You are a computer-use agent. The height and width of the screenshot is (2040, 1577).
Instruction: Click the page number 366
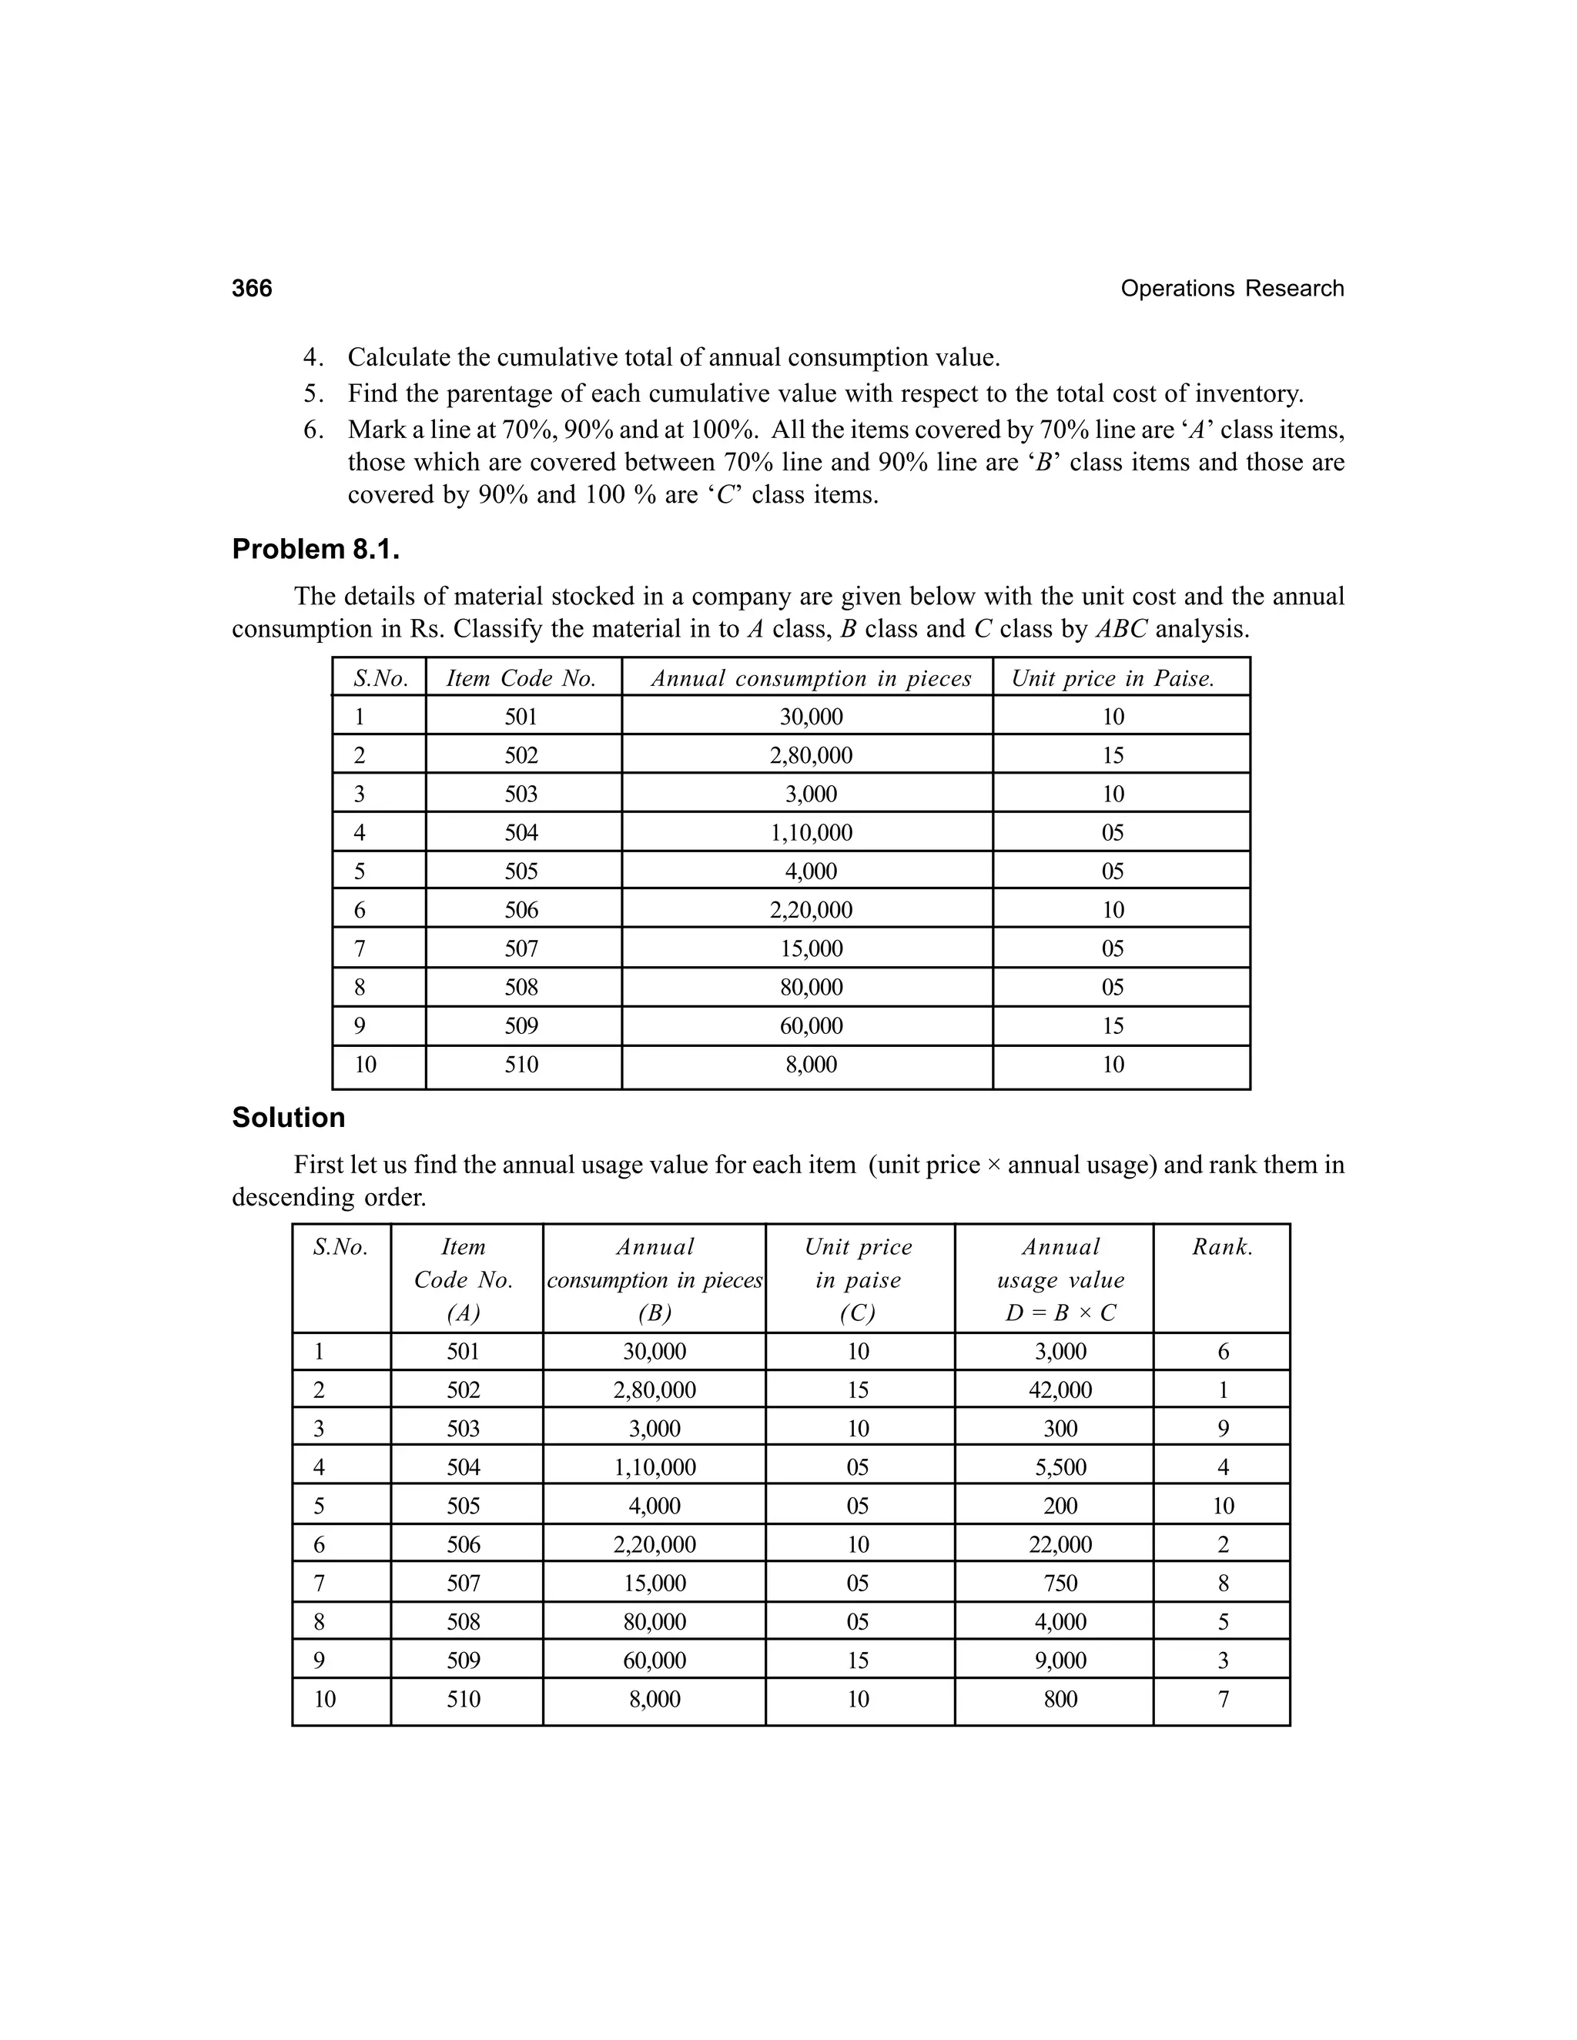253,289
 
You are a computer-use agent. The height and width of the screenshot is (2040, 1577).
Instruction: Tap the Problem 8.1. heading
316,549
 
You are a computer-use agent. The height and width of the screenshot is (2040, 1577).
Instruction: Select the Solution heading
289,1117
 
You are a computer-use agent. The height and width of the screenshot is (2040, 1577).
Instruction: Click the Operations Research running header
1231,289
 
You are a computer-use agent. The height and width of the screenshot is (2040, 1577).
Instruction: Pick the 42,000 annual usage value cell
1060,1390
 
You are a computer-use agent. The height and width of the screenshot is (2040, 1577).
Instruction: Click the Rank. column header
1222,1247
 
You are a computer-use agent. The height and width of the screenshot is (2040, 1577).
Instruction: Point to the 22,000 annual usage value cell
1060,1544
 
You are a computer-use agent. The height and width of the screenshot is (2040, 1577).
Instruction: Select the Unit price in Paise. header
1113,678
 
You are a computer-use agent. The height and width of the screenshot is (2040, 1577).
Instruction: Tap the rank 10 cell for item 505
1223,1506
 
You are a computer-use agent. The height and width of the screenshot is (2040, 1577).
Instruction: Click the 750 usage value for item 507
1060,1584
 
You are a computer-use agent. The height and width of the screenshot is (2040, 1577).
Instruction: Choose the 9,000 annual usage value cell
1060,1660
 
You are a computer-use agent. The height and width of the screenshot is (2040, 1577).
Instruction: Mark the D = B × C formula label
1060,1313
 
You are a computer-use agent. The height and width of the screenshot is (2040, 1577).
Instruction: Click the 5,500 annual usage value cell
1060,1467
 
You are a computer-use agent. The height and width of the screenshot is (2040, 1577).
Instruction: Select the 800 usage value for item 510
1060,1699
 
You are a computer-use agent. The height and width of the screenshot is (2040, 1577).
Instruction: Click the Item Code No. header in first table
521,678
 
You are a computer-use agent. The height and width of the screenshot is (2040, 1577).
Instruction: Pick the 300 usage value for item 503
1060,1429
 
